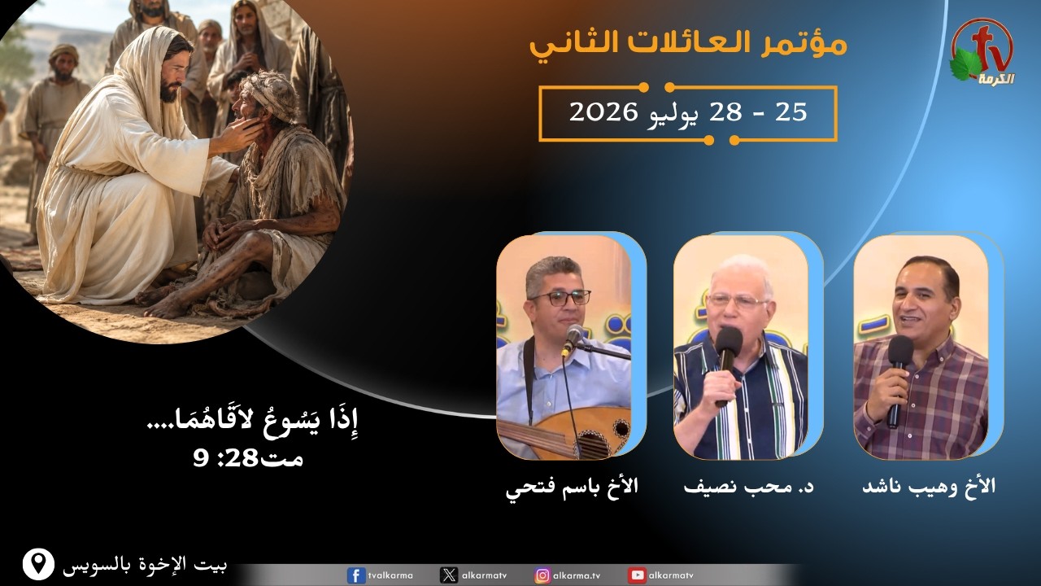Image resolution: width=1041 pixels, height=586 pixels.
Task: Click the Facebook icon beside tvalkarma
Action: coord(356,575)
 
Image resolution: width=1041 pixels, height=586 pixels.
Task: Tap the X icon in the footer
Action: coord(448,575)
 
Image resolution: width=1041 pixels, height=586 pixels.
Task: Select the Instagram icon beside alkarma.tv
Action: coord(542,575)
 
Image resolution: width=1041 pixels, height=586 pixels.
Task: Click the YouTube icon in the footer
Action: coord(637,575)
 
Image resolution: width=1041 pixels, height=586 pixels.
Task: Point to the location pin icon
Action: coord(38,564)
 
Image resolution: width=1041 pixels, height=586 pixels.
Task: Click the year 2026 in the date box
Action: coord(603,112)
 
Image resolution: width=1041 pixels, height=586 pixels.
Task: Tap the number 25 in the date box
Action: coord(791,112)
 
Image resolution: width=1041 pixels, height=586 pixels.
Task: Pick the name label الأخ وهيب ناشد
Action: coord(929,487)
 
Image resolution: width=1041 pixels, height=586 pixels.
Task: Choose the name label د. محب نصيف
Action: coord(748,487)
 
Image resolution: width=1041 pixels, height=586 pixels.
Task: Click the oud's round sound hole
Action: coord(621,428)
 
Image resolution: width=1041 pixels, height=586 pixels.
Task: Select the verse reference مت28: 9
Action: coord(248,459)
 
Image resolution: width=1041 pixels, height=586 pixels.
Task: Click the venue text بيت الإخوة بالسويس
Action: coord(145,565)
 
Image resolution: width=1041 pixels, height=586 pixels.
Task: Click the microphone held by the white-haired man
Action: coord(727,365)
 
